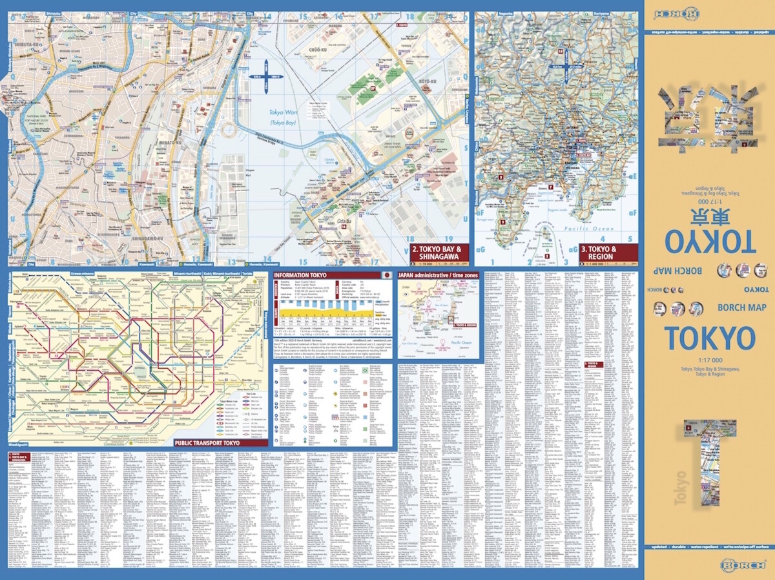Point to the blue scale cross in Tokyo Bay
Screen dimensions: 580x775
(x=267, y=78)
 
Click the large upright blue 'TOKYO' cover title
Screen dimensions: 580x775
(x=708, y=339)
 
